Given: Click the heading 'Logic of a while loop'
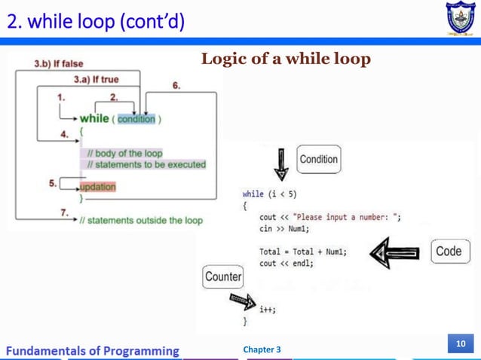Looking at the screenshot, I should click(x=286, y=59).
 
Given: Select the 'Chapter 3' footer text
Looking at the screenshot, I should click(x=262, y=349).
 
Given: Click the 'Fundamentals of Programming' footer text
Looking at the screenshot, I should click(x=93, y=350).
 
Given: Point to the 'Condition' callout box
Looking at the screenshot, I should click(x=318, y=160).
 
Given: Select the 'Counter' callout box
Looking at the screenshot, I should click(x=223, y=277).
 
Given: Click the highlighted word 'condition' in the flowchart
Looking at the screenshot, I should click(x=136, y=119).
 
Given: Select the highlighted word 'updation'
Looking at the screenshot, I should click(x=97, y=187).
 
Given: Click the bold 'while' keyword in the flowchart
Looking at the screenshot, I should click(x=94, y=118).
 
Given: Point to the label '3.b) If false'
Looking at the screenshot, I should click(x=59, y=64).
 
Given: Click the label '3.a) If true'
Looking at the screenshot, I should click(x=95, y=79).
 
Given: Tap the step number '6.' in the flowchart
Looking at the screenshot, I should click(x=176, y=86).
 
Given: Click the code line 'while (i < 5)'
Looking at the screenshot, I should click(x=269, y=194).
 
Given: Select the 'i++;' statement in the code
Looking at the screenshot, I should click(x=266, y=309).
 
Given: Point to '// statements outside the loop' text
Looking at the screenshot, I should click(x=141, y=221).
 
